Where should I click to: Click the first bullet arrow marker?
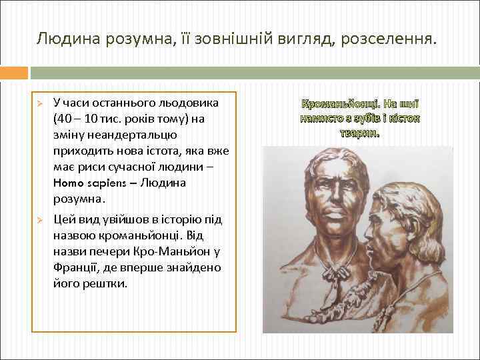click(40, 104)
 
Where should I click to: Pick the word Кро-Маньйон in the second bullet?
click(179, 252)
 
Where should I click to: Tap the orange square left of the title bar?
click(14, 72)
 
